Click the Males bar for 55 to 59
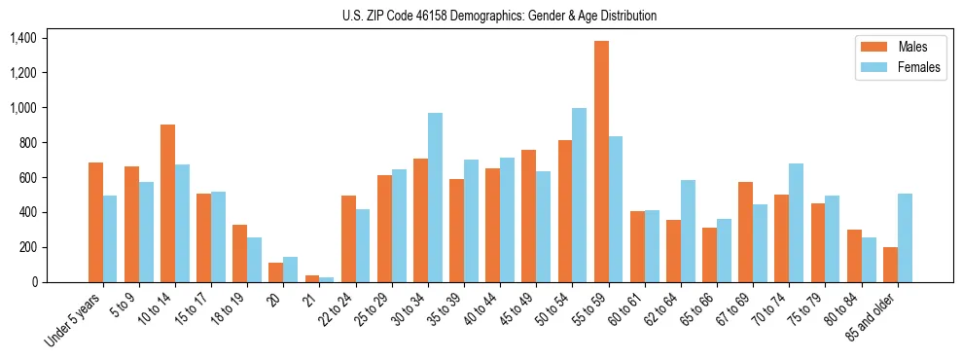point(601,162)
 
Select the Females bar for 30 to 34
point(435,198)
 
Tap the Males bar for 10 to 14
point(167,203)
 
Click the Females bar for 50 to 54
point(580,195)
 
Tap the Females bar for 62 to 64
point(688,231)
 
